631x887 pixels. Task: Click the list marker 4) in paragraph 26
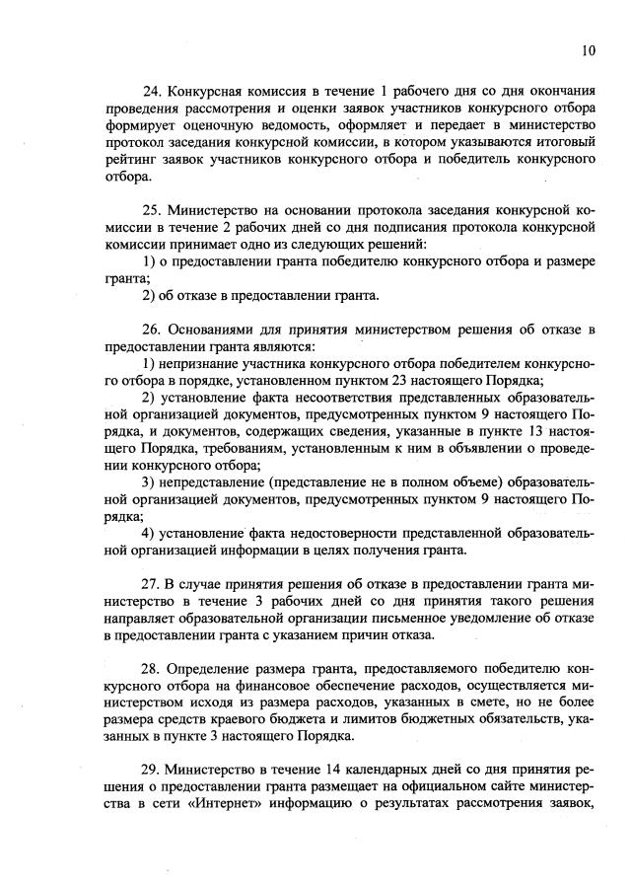pos(148,533)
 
